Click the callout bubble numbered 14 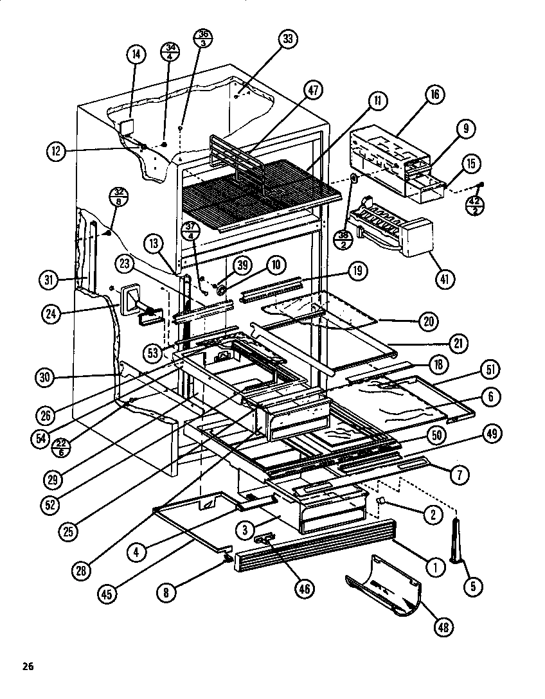[136, 55]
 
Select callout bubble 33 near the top [288, 40]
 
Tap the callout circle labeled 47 [313, 91]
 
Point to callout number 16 [434, 95]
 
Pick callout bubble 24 [53, 315]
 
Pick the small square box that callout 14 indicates [127, 127]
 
